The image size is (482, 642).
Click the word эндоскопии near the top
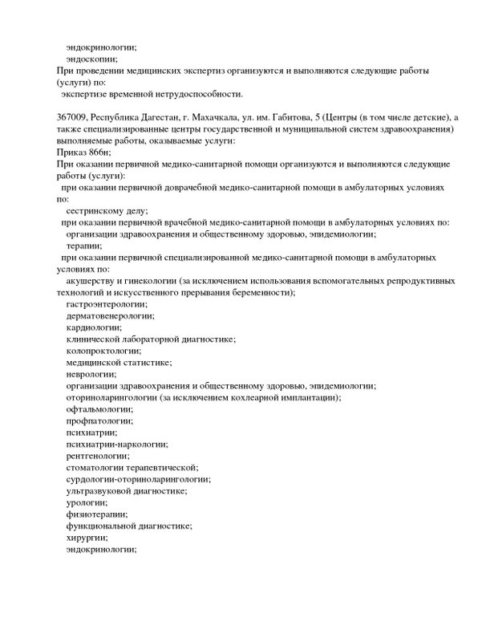point(92,59)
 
